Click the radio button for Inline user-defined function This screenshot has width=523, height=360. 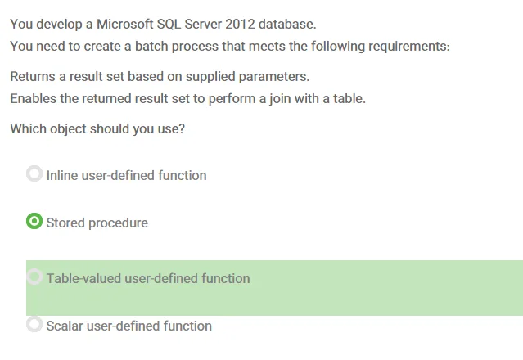point(34,173)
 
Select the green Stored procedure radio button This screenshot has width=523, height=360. point(34,221)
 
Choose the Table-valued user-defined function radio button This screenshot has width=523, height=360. point(34,277)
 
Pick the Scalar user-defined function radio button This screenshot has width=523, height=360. point(34,324)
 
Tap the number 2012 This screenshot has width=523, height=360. point(240,25)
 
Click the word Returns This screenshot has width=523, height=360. point(33,76)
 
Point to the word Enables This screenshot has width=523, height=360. point(33,99)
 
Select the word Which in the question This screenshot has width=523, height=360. point(28,128)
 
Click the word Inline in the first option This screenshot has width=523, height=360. point(62,175)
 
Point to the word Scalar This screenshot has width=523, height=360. point(65,326)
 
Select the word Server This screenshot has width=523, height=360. point(203,25)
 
